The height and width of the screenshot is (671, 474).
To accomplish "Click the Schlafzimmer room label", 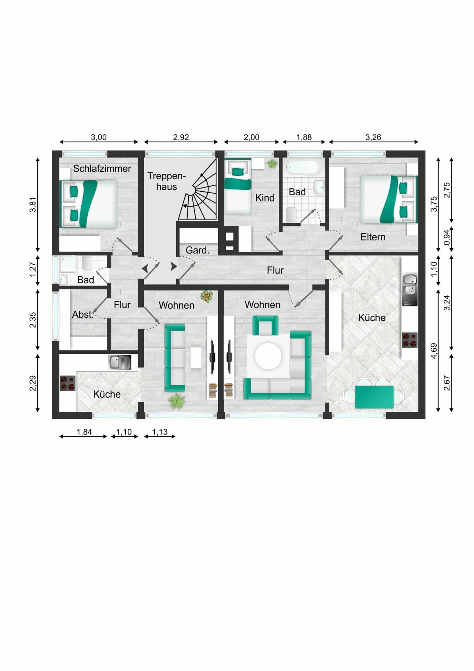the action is tap(102, 169).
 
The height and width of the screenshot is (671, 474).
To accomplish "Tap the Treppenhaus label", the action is tap(166, 181).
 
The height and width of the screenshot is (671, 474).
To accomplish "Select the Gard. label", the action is tap(197, 250).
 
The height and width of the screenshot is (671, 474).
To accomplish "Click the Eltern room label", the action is tap(373, 237).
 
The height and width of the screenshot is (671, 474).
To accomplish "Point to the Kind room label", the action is tap(265, 198).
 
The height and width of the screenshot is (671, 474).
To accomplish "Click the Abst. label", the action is tap(83, 314).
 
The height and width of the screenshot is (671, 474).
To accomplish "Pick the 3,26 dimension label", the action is tap(373, 137).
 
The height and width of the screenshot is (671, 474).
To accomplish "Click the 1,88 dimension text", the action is tap(304, 137).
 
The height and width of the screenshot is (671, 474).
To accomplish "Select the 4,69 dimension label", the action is tap(434, 351).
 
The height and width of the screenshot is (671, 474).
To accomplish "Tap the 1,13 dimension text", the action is tap(160, 432).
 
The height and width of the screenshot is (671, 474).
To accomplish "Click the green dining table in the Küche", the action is tap(374, 397).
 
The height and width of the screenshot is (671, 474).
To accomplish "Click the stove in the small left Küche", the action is tap(67, 383).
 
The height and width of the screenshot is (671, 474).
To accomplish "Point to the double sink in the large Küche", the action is tap(410, 289).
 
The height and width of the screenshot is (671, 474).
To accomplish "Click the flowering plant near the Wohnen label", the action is tap(207, 296).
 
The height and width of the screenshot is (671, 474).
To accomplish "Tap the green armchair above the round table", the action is tap(265, 325).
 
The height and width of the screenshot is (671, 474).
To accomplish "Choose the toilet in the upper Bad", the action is tap(292, 214).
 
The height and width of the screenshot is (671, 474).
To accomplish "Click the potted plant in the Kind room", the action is tap(272, 164).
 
